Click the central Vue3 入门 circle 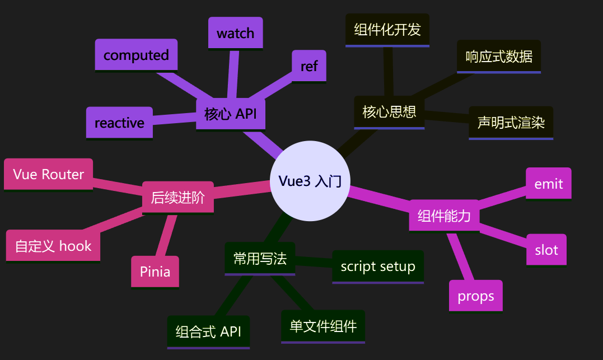[310, 181]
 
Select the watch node [235, 34]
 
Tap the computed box [136, 55]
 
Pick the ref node [309, 66]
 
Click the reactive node [119, 123]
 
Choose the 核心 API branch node [230, 115]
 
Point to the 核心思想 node [389, 113]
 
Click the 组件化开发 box [387, 30]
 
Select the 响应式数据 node [499, 57]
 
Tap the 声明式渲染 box [511, 123]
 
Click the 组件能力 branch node [444, 216]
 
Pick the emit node [548, 184]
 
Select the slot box [546, 250]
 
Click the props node [476, 296]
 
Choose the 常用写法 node [260, 259]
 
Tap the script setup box [378, 267]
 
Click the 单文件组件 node [323, 326]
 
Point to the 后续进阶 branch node [177, 198]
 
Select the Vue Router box [49, 174]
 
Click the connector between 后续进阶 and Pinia [166, 235]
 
